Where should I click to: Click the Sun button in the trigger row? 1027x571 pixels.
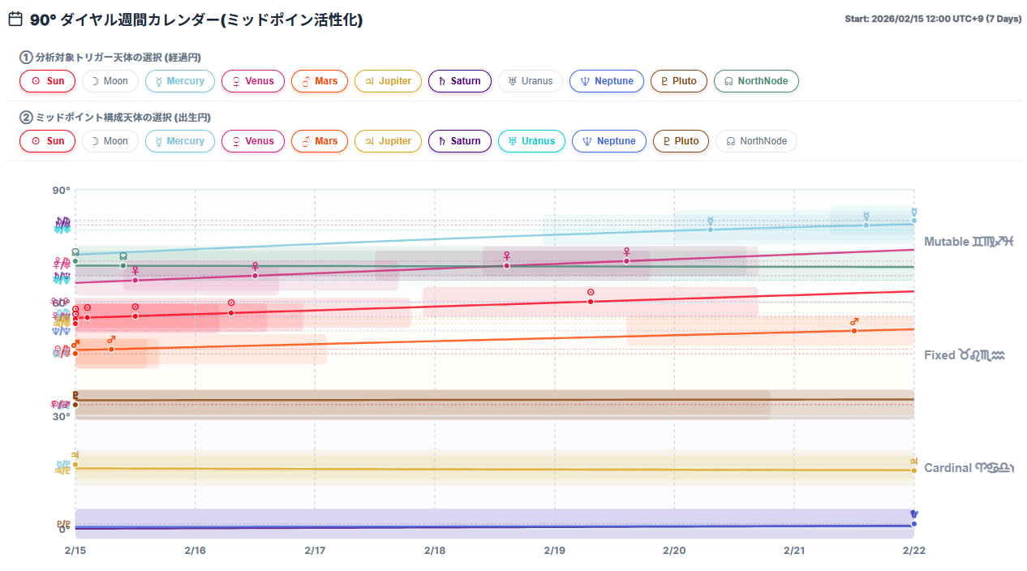coord(47,81)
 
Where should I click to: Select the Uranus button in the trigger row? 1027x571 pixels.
coord(530,81)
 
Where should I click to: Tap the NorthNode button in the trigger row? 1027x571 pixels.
coord(756,81)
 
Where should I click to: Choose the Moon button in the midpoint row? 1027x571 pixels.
coord(110,141)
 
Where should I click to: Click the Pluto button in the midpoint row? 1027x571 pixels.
coord(680,141)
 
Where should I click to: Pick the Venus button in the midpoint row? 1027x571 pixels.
coord(252,141)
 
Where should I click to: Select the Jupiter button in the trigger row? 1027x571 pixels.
coord(388,81)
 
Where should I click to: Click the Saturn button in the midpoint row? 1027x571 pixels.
coord(459,141)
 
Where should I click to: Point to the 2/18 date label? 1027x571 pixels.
coord(435,551)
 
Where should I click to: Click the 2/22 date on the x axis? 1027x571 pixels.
coord(914,551)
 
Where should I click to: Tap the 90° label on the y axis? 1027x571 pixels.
coord(62,191)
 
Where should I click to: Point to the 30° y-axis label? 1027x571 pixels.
coord(62,417)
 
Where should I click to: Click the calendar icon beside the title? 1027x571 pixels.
coord(15,19)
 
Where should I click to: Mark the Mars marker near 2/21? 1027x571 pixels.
coord(854,330)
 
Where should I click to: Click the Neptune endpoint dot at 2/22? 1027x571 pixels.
coord(914,524)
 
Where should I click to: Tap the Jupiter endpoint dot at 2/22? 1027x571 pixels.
coord(914,470)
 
